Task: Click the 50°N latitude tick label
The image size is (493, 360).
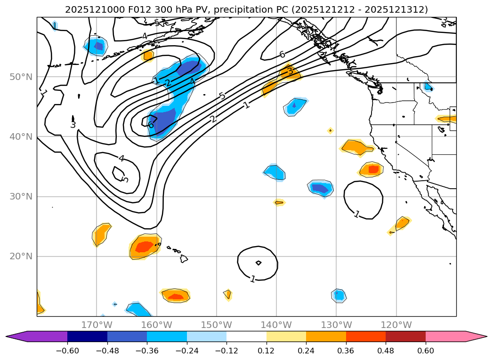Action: (x=20, y=77)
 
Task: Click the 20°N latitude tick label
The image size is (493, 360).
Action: (x=20, y=256)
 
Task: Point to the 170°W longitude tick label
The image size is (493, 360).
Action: (x=97, y=325)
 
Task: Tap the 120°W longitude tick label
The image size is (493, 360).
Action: (x=396, y=325)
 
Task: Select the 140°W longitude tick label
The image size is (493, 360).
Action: (x=276, y=325)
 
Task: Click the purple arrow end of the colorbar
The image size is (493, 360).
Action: (x=14, y=336)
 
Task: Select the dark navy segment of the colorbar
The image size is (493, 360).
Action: (x=87, y=336)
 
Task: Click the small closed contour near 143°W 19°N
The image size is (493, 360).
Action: (x=259, y=263)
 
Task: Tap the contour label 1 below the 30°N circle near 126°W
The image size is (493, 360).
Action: (x=357, y=214)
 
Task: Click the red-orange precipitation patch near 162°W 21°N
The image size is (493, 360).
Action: (x=144, y=247)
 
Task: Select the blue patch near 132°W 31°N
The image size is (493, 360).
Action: (x=321, y=188)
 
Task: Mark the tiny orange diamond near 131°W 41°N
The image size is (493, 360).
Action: (x=330, y=130)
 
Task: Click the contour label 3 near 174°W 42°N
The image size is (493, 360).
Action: (x=73, y=125)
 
